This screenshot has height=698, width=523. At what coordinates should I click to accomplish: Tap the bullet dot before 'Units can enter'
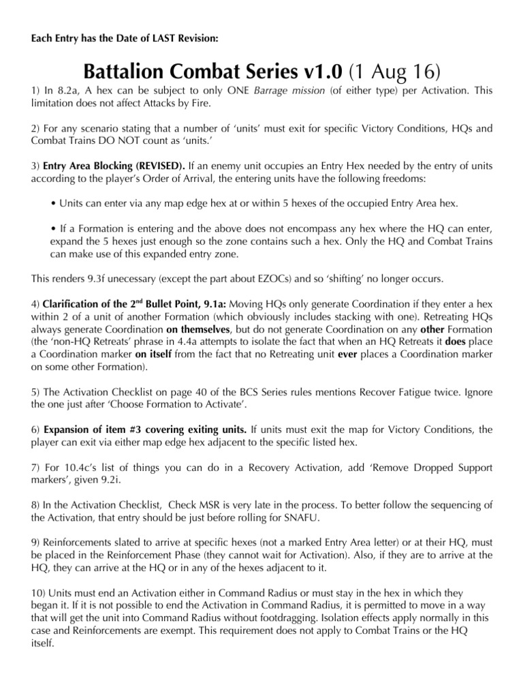point(53,204)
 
